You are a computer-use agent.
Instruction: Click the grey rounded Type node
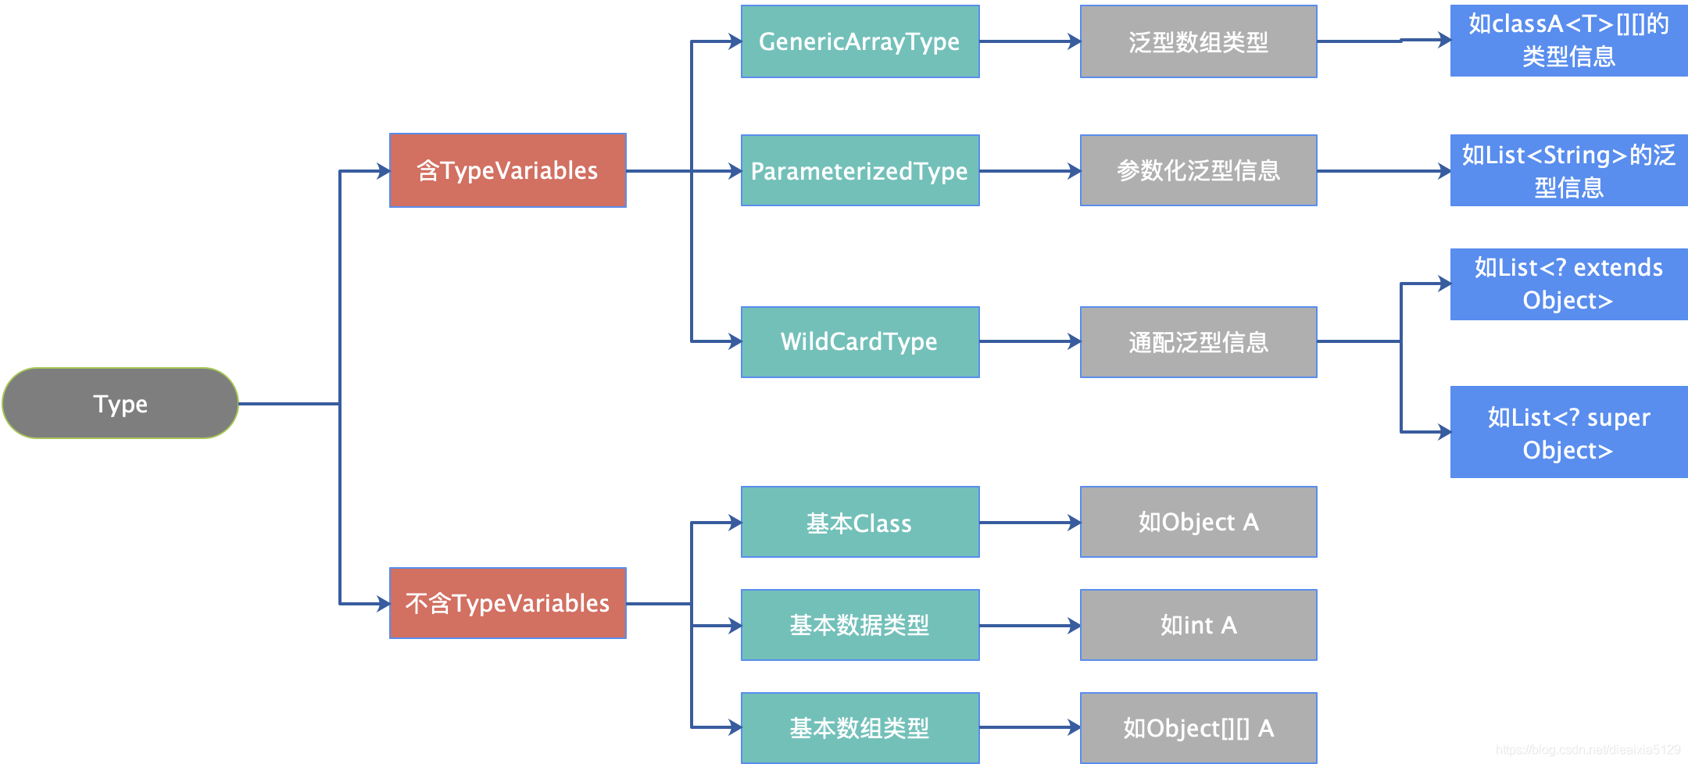point(120,403)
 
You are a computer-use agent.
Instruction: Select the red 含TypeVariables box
point(508,170)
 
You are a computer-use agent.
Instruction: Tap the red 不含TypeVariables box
point(508,603)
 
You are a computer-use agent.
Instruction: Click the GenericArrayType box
point(860,41)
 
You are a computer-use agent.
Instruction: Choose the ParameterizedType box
point(860,170)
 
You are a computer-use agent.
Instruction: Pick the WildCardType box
point(860,341)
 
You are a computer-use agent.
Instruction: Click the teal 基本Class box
point(860,522)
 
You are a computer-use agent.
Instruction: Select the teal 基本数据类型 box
point(860,625)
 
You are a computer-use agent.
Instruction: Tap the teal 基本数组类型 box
point(860,728)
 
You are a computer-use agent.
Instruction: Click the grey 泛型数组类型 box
point(1198,41)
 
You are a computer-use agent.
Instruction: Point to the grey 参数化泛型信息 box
point(1198,170)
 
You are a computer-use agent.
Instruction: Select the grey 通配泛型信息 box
point(1198,341)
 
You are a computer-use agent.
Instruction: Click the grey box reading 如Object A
point(1198,522)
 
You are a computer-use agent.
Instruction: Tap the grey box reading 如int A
point(1198,625)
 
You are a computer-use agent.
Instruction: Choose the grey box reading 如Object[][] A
point(1198,728)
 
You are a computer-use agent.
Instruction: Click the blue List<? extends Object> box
point(1568,284)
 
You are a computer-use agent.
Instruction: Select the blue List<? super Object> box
point(1568,432)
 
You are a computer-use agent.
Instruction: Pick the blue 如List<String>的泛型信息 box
point(1568,170)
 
